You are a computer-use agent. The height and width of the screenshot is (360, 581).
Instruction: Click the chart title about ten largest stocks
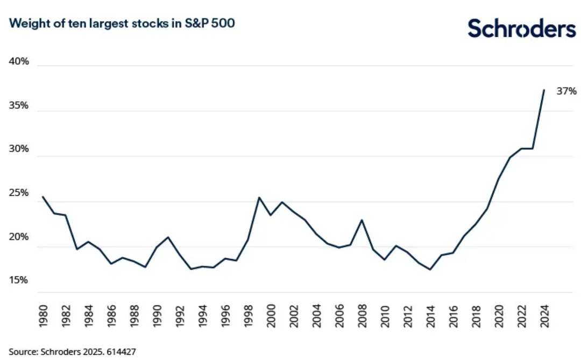(122, 24)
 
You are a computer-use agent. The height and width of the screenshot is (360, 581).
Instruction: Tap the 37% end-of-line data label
(566, 91)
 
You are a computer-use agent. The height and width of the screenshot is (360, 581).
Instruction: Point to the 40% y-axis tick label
(19, 61)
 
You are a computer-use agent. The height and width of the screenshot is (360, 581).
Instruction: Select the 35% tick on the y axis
(19, 105)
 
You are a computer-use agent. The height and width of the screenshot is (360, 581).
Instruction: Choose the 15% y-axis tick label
(19, 280)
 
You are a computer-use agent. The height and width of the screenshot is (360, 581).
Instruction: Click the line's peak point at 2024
(544, 90)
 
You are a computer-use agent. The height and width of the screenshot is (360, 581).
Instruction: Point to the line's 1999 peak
(259, 197)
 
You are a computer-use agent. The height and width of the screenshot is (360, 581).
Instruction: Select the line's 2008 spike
(362, 220)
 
